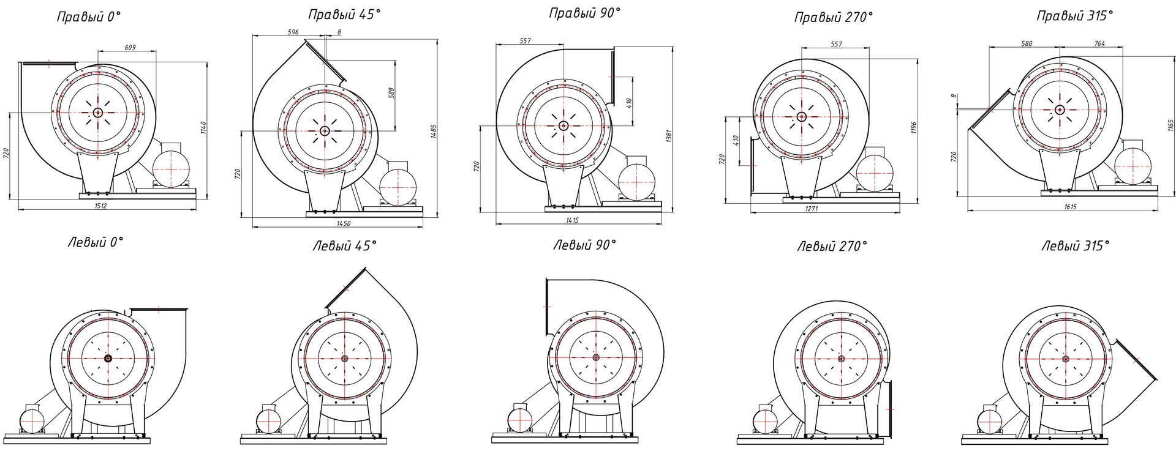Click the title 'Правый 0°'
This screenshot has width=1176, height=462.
(x=89, y=17)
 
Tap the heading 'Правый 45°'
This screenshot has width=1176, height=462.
(x=344, y=14)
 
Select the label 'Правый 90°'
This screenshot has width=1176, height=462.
(x=584, y=13)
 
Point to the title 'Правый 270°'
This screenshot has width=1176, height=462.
(x=833, y=18)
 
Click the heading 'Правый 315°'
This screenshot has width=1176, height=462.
(x=1074, y=17)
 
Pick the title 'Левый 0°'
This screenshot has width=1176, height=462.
(x=95, y=242)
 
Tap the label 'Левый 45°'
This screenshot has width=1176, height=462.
(x=344, y=246)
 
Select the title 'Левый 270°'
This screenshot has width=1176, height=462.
(x=832, y=247)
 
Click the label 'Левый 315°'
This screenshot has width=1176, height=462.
(x=1075, y=246)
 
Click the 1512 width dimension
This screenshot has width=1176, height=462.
(x=101, y=206)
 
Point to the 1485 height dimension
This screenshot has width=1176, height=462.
(x=434, y=132)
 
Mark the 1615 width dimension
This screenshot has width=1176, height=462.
(x=1070, y=207)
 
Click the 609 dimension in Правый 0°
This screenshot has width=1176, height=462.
(x=130, y=47)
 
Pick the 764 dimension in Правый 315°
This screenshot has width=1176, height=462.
(x=1099, y=43)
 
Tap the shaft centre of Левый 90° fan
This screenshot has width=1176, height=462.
(x=595, y=357)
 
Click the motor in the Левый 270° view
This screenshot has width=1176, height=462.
(x=766, y=422)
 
